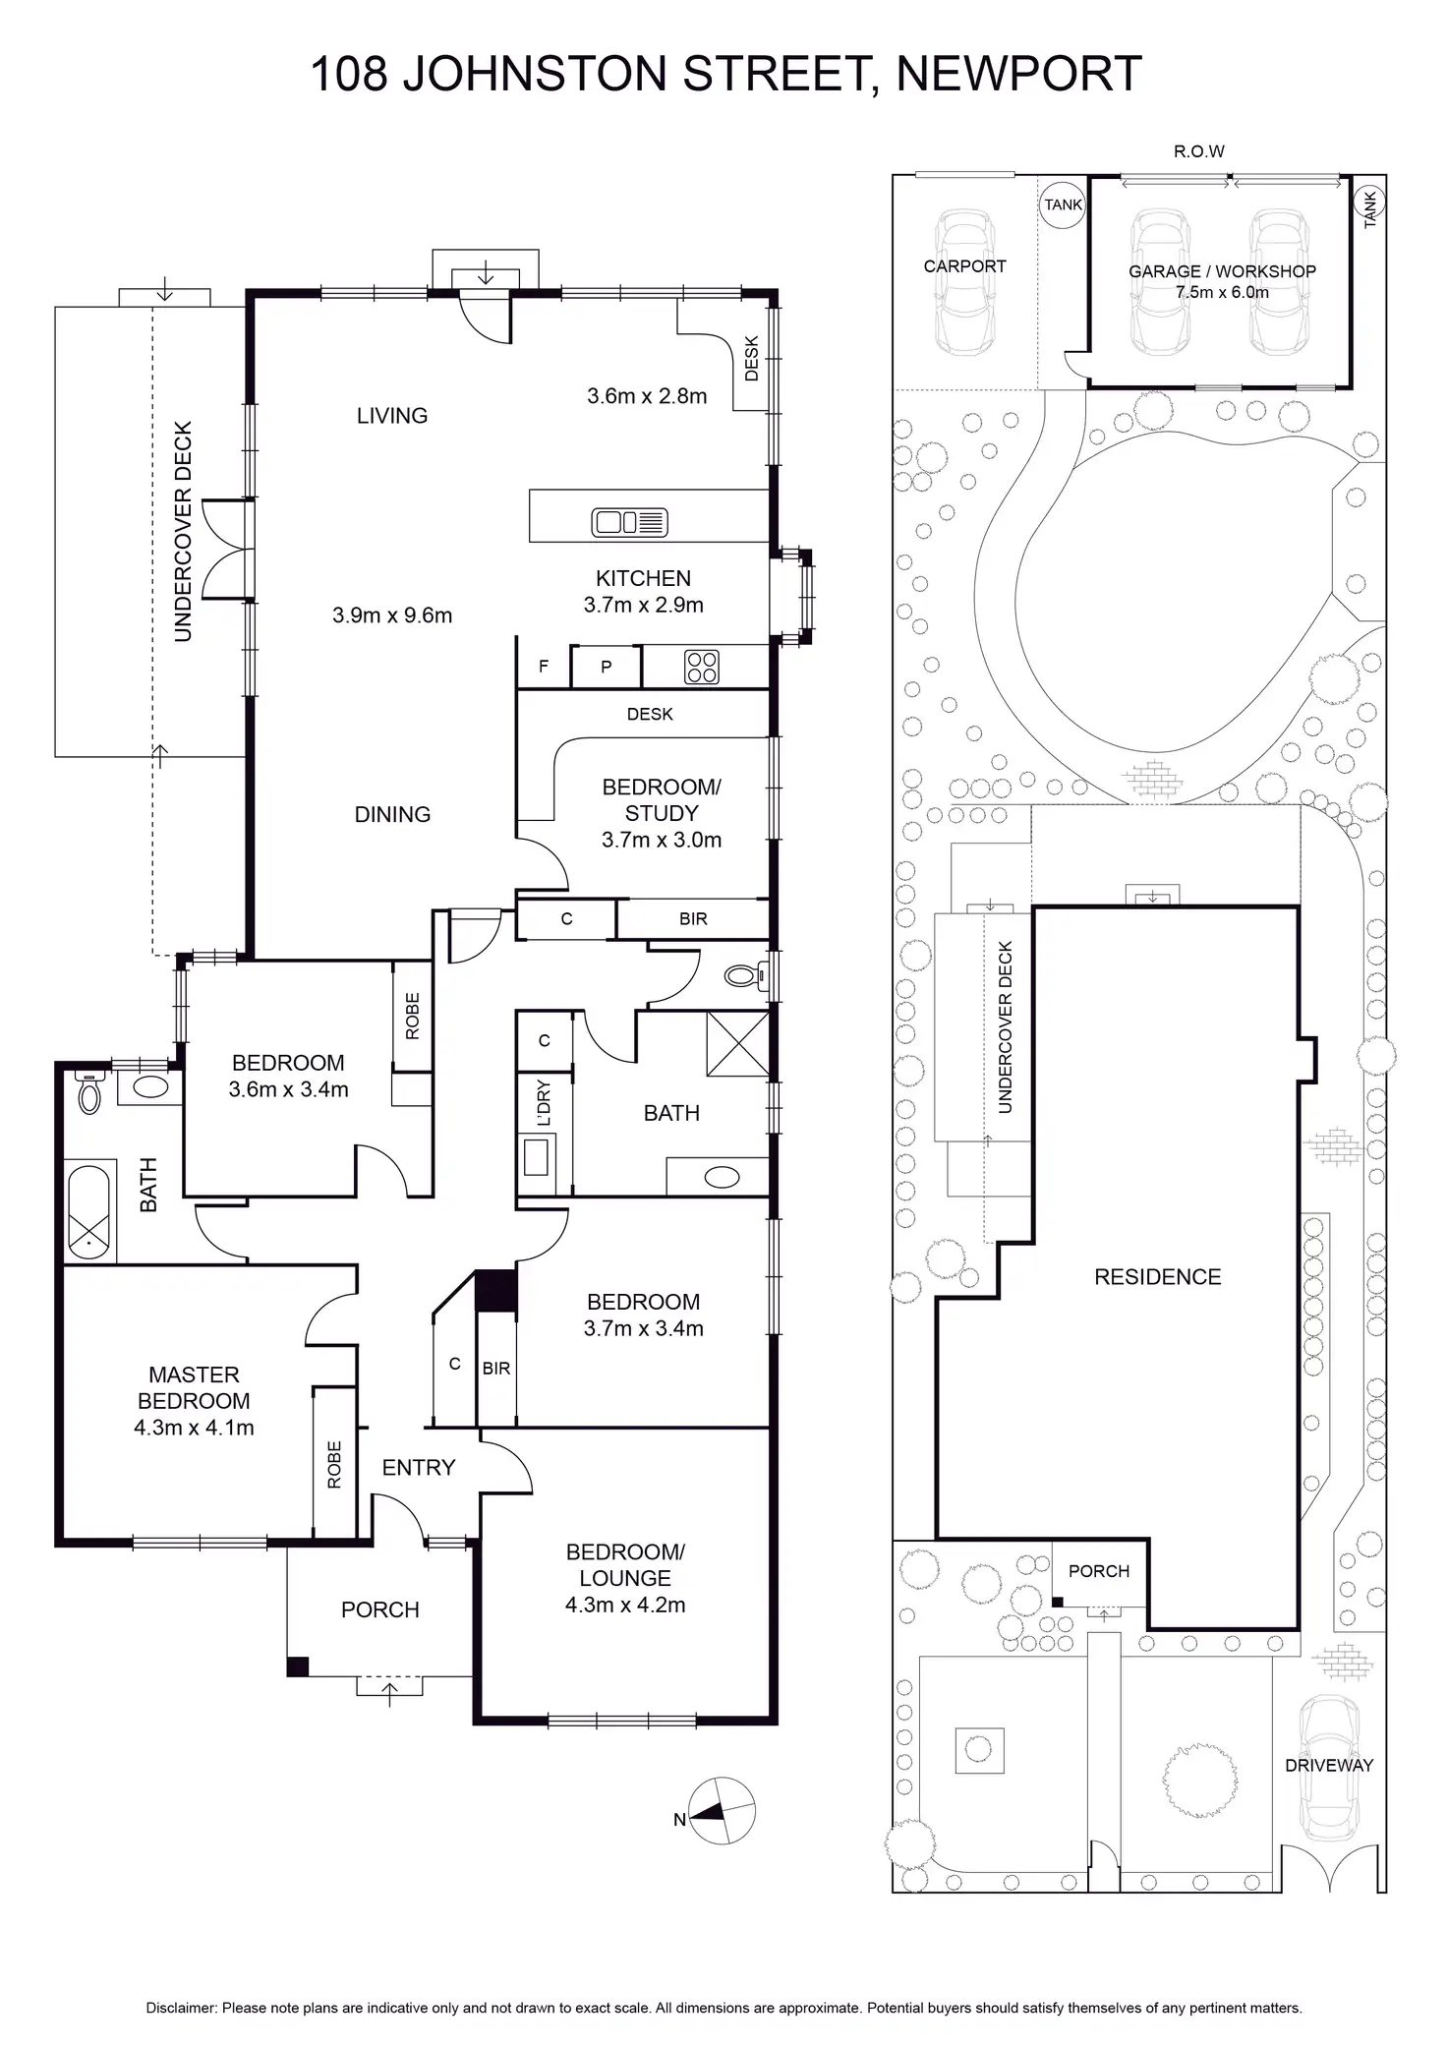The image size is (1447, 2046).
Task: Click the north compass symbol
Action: point(722,1811)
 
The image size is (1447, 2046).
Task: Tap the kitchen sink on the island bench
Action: point(629,522)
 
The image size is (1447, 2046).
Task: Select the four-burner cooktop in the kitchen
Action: point(702,668)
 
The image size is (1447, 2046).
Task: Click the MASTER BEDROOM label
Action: point(194,1387)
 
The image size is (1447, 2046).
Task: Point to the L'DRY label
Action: point(544,1102)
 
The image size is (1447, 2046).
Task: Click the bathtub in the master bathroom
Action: point(90,1212)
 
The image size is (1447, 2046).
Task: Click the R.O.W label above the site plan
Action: point(1198,151)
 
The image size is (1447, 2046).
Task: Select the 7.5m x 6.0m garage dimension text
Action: point(1222,292)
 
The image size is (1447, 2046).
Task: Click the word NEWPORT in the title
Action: point(1018,74)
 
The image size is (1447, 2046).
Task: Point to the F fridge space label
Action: point(544,667)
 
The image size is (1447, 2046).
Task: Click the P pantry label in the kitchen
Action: point(607,667)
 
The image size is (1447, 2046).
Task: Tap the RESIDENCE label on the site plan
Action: point(1157,1277)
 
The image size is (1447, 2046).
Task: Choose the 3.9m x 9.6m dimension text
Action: point(392,615)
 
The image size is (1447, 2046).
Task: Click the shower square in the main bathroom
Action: point(736,1043)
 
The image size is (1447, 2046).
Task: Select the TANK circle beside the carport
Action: point(1063,205)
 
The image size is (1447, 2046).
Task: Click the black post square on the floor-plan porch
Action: point(297,1666)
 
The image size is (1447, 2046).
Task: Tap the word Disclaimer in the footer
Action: point(181,2008)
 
